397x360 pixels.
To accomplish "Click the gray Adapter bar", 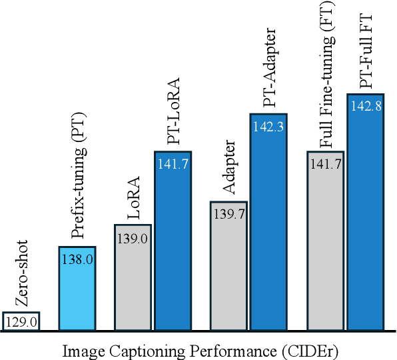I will point(229,273).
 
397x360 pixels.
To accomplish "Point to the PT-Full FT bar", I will point(364,220).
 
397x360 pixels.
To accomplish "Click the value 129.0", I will point(21,322).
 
